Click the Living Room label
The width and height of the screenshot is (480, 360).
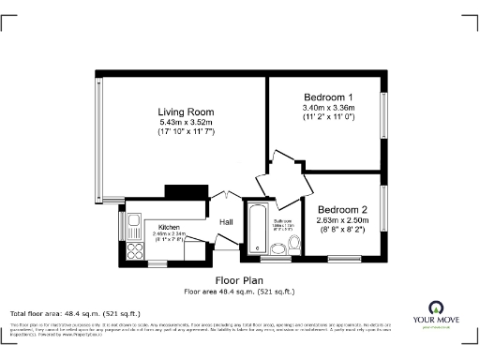[x=186, y=112]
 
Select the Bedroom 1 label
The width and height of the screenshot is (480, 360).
[x=328, y=97]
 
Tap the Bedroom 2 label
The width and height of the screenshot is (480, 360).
[x=342, y=209]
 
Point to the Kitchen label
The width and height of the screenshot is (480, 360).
[x=169, y=227]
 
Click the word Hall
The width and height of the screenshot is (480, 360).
[x=226, y=222]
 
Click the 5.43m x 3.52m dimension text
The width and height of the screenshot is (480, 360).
[x=186, y=123]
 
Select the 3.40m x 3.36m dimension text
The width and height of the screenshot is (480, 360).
[x=328, y=108]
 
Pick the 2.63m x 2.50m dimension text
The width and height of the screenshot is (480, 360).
[x=342, y=219]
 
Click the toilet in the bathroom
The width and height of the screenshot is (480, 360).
[x=294, y=245]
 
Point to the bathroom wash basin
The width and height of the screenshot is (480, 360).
[x=281, y=247]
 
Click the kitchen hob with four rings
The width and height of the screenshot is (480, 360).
[x=133, y=250]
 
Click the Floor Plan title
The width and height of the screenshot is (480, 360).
[x=239, y=280]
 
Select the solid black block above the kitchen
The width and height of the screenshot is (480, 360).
[x=178, y=191]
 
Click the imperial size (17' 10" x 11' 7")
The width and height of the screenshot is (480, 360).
[x=186, y=133]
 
